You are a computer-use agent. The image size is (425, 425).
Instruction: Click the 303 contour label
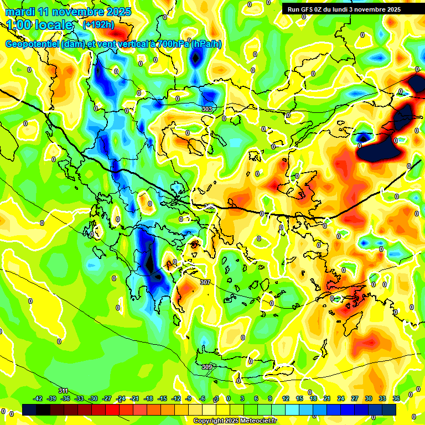pyautogui.click(x=207, y=109)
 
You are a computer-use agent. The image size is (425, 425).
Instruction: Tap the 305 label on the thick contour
pyautogui.click(x=209, y=206)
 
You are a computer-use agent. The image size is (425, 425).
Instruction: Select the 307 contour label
pyautogui.click(x=205, y=282)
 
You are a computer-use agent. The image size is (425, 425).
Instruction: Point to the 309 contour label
pyautogui.click(x=206, y=367)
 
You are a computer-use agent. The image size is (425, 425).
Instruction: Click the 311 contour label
pyautogui.click(x=63, y=391)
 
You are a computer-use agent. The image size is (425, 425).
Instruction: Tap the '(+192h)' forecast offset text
pyautogui.click(x=98, y=24)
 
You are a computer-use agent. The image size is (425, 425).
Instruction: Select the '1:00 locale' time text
pyautogui.click(x=39, y=25)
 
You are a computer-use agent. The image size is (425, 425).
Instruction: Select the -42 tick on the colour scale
pyautogui.click(x=38, y=398)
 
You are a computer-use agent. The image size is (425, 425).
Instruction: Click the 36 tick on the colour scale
pyautogui.click(x=396, y=398)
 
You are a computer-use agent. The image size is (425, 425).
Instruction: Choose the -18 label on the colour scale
pyautogui.click(x=148, y=398)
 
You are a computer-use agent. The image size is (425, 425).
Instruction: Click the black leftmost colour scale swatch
pyautogui.click(x=29, y=410)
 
